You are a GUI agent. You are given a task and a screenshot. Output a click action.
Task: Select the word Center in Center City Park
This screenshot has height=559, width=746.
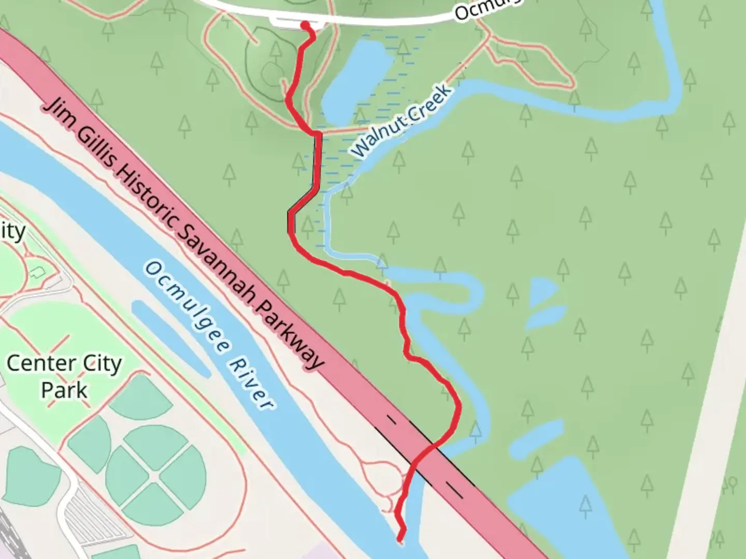pos(36,363)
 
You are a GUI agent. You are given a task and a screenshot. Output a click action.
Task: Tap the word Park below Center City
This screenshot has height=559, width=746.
pos(64,390)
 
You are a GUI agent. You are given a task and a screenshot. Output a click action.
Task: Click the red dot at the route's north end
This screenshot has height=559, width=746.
pos(306,25)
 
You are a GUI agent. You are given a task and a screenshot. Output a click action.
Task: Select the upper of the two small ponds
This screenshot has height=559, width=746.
pos(542,291)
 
